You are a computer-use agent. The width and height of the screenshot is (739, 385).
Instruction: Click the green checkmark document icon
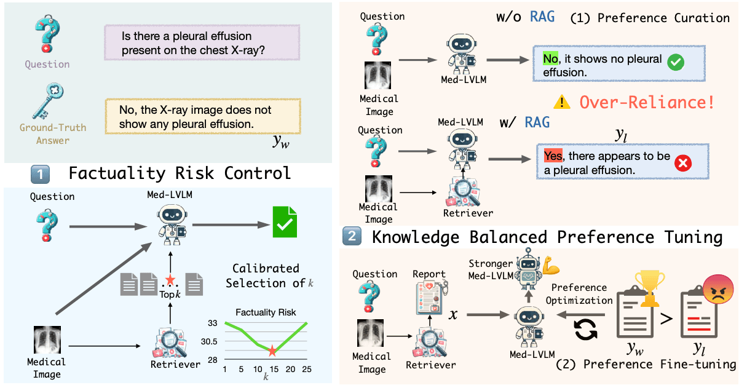pyautogui.click(x=285, y=221)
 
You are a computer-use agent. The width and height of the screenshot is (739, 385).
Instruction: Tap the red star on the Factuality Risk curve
pyautogui.click(x=272, y=351)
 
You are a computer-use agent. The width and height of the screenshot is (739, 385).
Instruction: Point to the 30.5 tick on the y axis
pyautogui.click(x=209, y=341)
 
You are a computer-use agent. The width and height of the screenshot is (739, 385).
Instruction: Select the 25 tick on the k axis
pyautogui.click(x=307, y=369)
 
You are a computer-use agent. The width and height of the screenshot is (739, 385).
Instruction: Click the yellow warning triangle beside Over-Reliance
pyautogui.click(x=561, y=102)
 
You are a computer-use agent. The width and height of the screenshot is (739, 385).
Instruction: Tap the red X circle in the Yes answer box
pyautogui.click(x=683, y=163)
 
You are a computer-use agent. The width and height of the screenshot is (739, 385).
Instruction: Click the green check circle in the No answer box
pyautogui.click(x=676, y=62)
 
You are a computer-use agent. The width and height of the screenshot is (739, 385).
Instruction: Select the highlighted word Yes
pyautogui.click(x=553, y=156)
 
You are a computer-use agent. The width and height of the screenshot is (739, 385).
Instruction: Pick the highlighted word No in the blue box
pyautogui.click(x=550, y=58)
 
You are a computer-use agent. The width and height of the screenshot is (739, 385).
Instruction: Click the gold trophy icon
pyautogui.click(x=650, y=288)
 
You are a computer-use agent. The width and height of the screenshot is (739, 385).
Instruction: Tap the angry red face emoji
pyautogui.click(x=717, y=289)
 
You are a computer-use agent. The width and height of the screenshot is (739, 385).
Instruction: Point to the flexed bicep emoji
pyautogui.click(x=551, y=265)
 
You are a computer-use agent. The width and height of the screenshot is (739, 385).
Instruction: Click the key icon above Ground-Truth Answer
pyautogui.click(x=48, y=101)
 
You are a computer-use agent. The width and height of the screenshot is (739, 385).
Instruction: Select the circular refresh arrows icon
pyautogui.click(x=585, y=329)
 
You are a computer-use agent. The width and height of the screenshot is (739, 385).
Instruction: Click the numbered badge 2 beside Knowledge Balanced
pyautogui.click(x=352, y=236)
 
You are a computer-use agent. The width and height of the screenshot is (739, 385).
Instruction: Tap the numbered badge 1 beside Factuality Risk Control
pyautogui.click(x=40, y=174)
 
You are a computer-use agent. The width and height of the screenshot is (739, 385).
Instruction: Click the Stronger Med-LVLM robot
pyautogui.click(x=529, y=269)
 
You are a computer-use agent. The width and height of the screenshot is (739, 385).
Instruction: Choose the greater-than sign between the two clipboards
pyautogui.click(x=666, y=319)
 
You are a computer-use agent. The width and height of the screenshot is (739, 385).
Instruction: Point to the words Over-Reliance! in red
pyautogui.click(x=647, y=102)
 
